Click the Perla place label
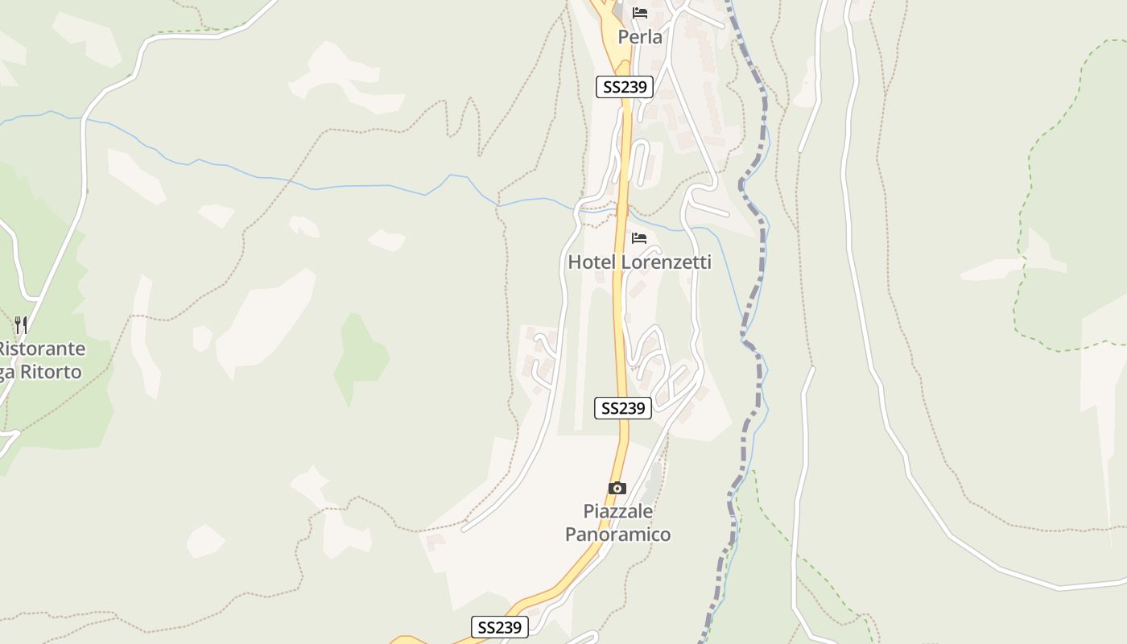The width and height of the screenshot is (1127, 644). coord(640,37)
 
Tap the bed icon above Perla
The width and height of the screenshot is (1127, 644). coord(640,13)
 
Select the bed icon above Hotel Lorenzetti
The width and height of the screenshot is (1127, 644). coord(639,238)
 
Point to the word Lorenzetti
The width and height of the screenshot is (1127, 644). coord(667,262)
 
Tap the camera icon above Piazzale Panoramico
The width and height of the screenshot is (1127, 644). coord(617,488)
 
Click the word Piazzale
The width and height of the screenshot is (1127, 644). coord(617,511)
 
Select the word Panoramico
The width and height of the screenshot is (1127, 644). coord(617,535)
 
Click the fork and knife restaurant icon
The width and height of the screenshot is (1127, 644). coord(21,325)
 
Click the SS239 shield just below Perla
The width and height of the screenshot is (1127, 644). coord(624,87)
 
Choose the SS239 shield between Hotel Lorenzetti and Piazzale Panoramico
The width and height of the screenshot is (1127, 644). coord(622,408)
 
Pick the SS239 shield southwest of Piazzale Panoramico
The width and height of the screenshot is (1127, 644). coord(499,627)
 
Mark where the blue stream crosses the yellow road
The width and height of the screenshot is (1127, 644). coord(621,212)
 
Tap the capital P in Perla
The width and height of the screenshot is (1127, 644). coord(623,37)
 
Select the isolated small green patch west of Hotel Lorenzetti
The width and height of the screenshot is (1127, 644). coord(361,354)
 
